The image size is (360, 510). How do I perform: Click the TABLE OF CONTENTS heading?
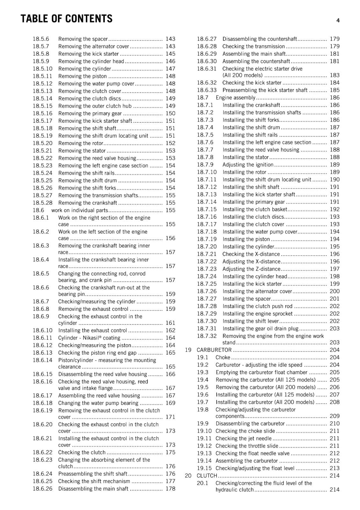[x=66, y=19]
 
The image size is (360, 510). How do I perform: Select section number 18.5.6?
[x=41, y=39]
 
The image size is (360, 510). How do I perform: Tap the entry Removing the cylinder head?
[x=91, y=61]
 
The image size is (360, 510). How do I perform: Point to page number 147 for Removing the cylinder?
[x=170, y=69]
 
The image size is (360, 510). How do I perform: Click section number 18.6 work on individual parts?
[x=38, y=210]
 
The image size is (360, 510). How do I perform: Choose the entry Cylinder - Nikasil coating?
[x=89, y=338]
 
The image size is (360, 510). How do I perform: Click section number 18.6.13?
[x=42, y=353]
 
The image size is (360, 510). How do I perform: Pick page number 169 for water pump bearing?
[x=170, y=403]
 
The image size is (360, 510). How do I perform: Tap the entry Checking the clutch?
[x=82, y=452]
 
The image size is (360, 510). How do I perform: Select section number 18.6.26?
[x=42, y=489]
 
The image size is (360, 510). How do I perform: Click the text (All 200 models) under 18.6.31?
[x=242, y=76]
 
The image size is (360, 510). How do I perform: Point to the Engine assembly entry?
[x=235, y=98]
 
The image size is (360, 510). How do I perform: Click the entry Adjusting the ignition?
[x=248, y=165]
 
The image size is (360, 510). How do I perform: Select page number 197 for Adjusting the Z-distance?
[x=335, y=269]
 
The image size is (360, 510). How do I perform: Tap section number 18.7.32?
[x=206, y=336]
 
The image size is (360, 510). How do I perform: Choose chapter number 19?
[x=188, y=350]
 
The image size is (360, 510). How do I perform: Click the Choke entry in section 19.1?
[x=223, y=358]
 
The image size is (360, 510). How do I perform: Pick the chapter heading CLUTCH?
[x=207, y=476]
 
